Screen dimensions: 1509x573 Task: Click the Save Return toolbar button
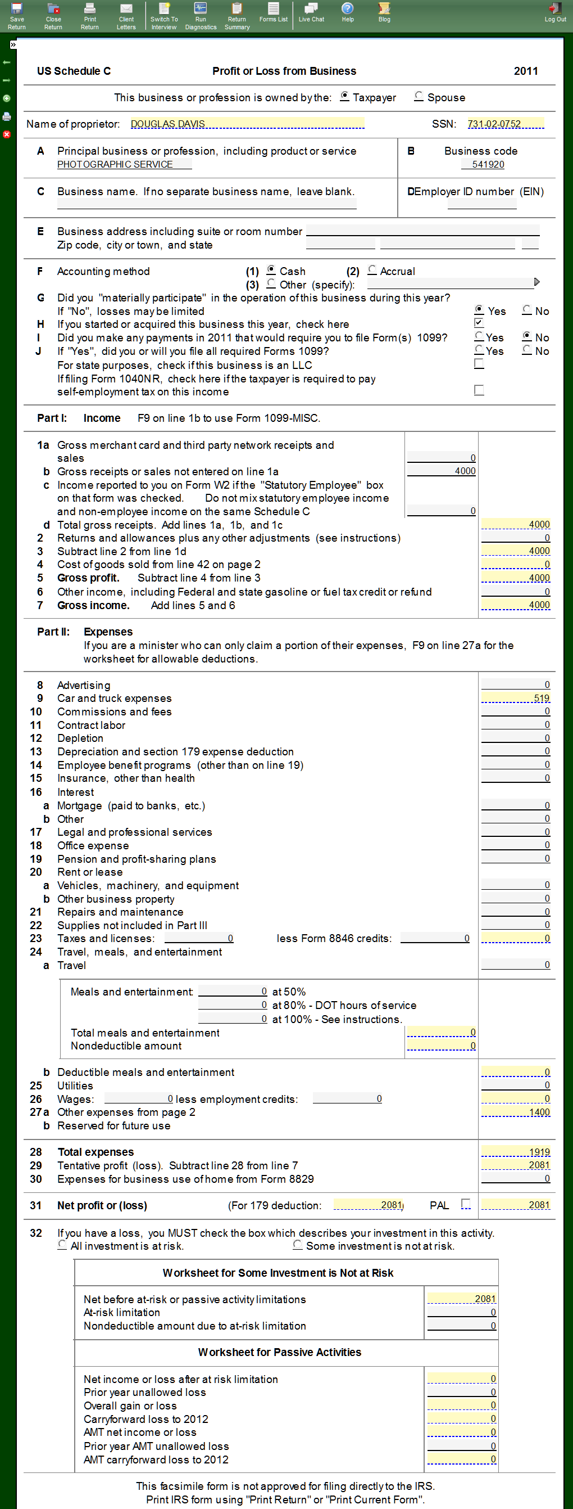click(16, 15)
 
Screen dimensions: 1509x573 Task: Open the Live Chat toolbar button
click(311, 13)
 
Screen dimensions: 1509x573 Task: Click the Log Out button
click(555, 13)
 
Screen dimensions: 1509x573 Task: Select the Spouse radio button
click(419, 97)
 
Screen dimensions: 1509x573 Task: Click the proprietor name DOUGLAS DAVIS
click(167, 124)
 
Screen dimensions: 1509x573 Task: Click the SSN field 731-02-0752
click(494, 124)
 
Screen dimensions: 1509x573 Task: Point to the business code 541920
click(488, 165)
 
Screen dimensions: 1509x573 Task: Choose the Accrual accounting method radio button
click(372, 270)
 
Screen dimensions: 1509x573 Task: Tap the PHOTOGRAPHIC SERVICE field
click(115, 165)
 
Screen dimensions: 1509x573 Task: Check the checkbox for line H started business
click(479, 323)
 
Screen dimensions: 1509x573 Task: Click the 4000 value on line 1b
click(465, 471)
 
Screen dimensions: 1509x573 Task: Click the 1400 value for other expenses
click(539, 1112)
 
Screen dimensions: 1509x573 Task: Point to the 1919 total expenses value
click(539, 1152)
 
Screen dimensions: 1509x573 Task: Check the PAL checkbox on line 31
click(466, 1204)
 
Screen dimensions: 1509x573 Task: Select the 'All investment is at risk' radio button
click(62, 1245)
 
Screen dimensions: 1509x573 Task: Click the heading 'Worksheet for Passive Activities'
click(279, 1352)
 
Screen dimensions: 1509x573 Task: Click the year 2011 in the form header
click(526, 71)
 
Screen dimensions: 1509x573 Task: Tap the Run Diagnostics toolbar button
click(200, 15)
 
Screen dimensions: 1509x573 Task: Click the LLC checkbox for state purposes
click(479, 364)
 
